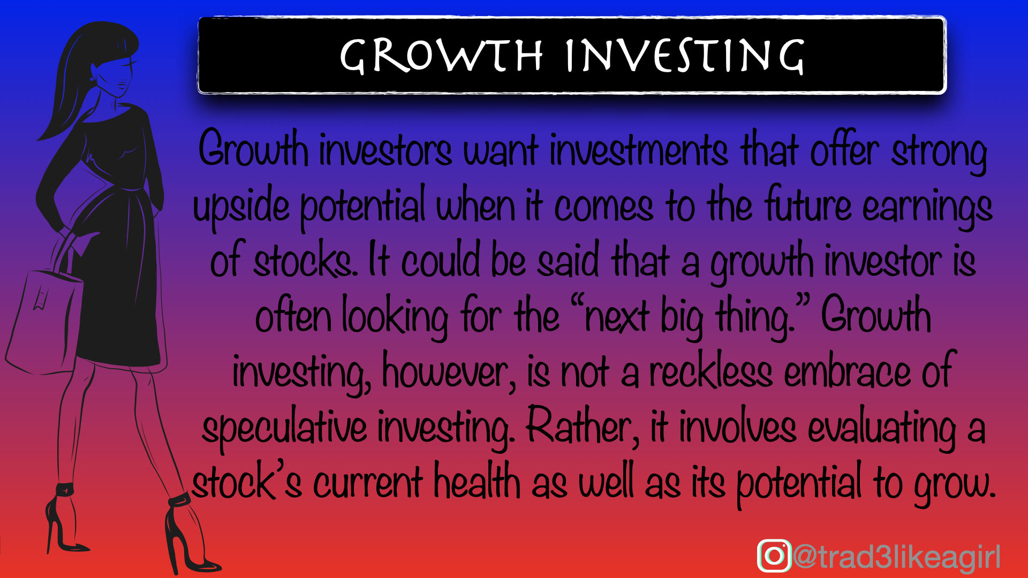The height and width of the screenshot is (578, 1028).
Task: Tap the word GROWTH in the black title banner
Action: (x=441, y=56)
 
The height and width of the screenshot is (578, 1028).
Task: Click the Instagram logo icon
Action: (x=774, y=556)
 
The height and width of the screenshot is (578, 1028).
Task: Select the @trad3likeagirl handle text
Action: (x=896, y=557)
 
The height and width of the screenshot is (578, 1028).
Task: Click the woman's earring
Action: (x=92, y=78)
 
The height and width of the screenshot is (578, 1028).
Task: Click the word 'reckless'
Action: (x=710, y=371)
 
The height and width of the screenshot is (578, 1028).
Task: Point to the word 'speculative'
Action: (x=284, y=428)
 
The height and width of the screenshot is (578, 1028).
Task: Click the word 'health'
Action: (x=477, y=482)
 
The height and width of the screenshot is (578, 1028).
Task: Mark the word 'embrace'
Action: (x=847, y=371)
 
